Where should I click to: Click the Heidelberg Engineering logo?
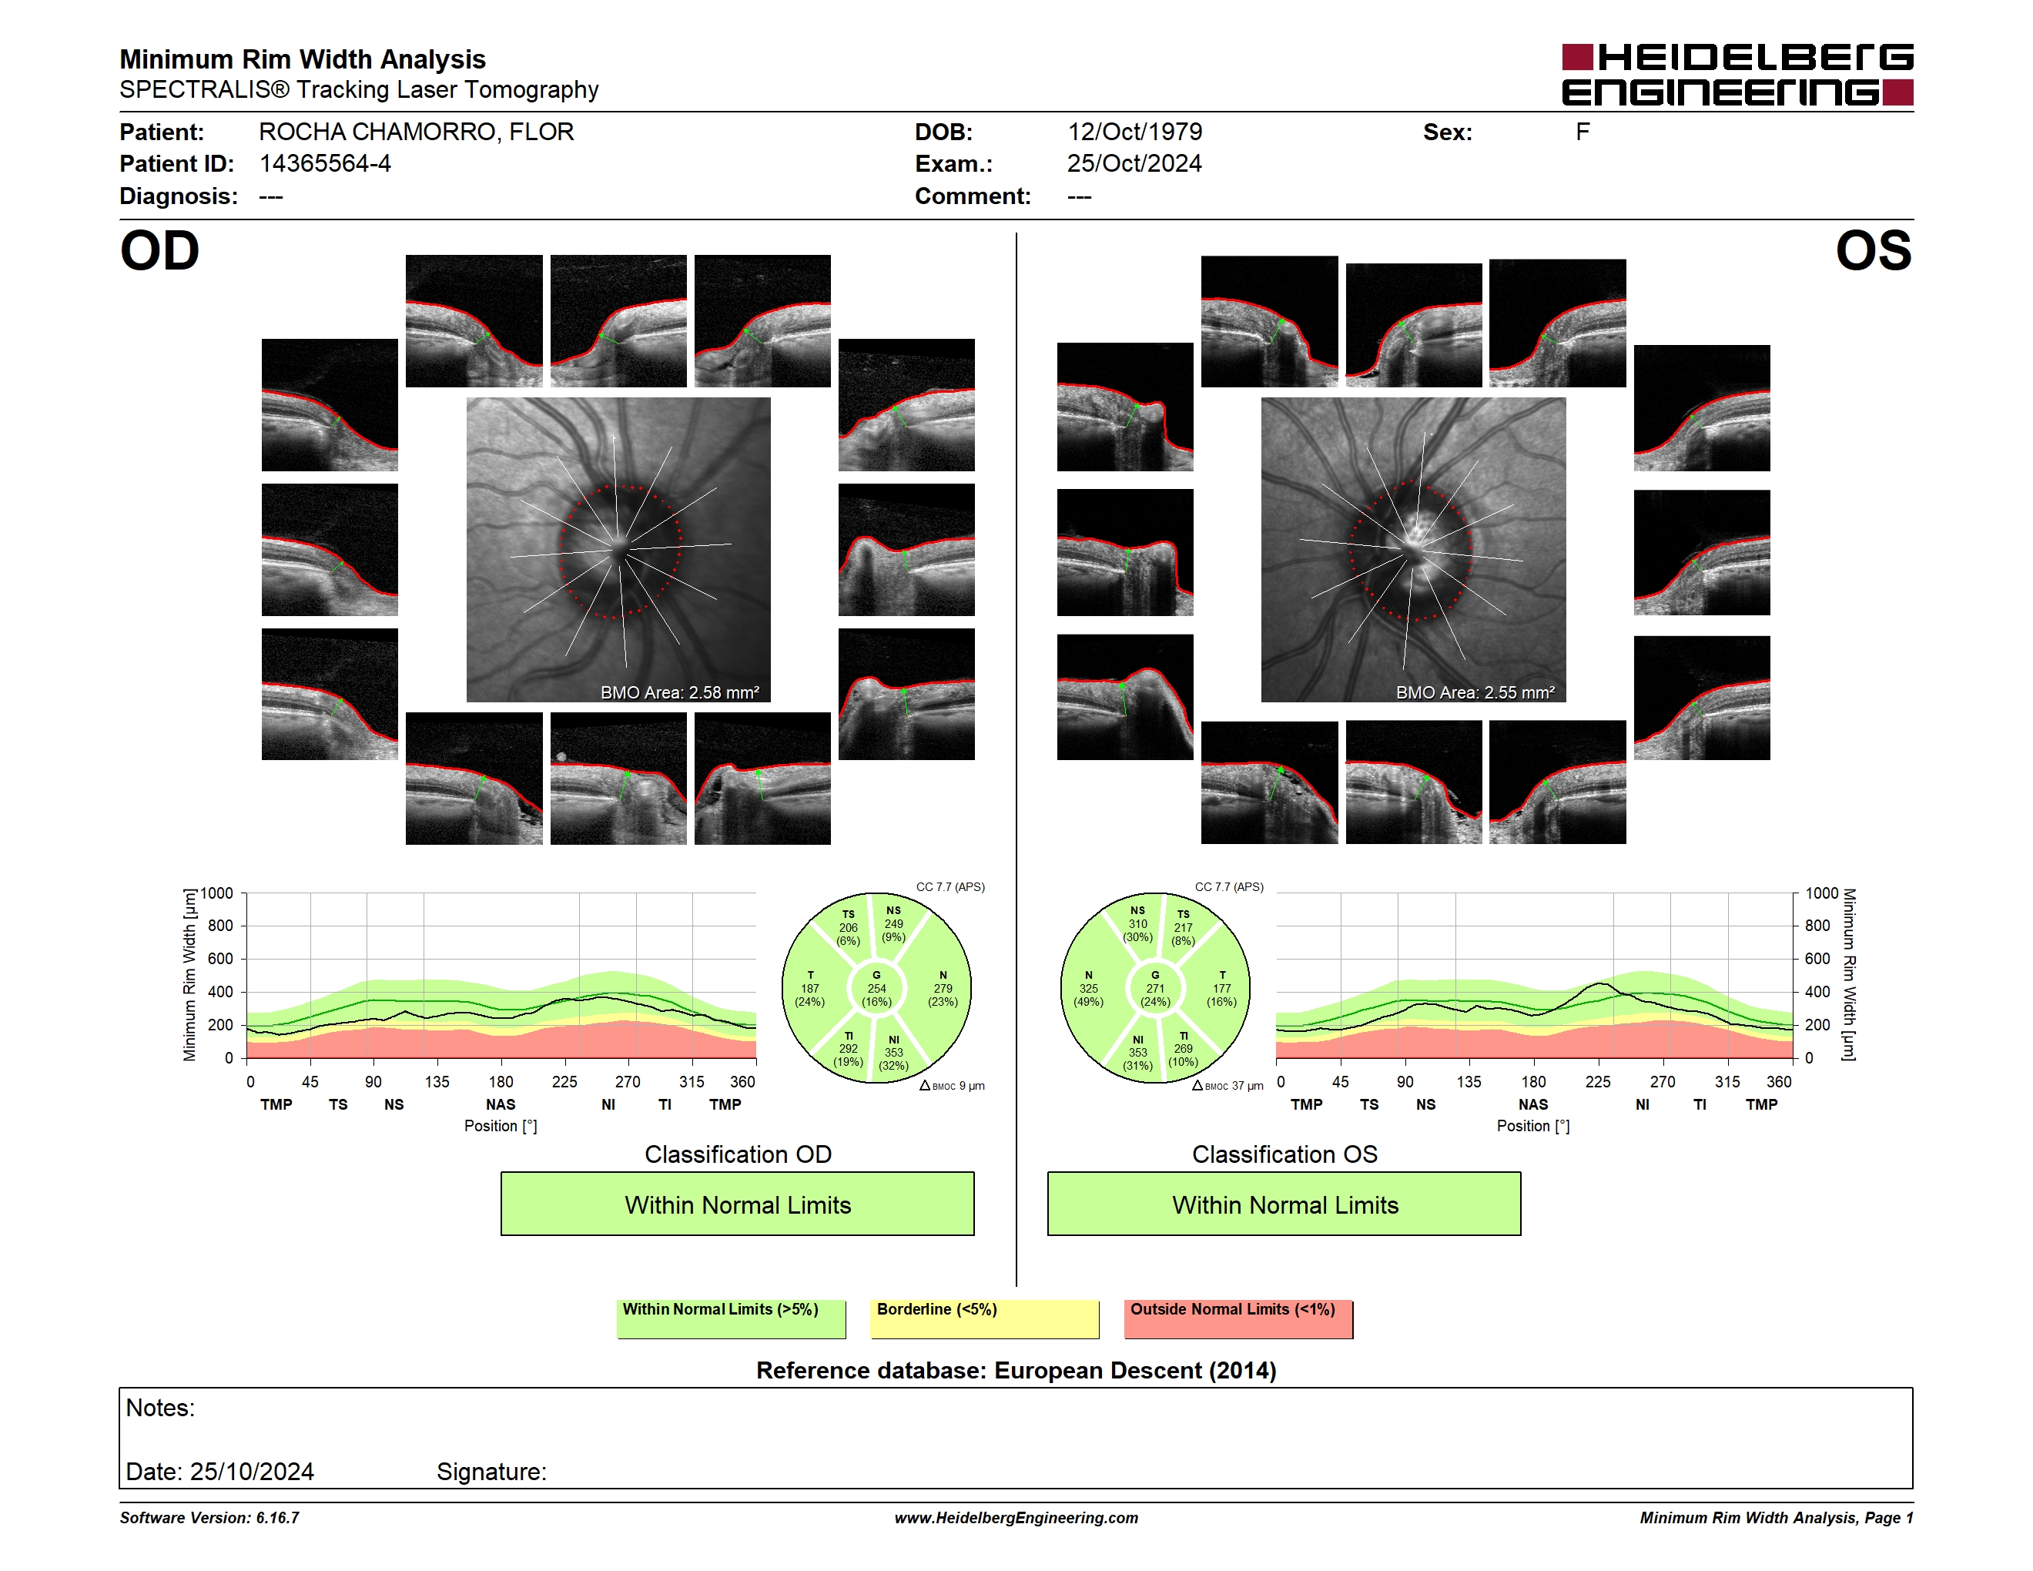1737,75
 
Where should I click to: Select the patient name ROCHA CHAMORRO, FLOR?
416,132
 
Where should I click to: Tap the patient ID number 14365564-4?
325,164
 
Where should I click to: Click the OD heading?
159,251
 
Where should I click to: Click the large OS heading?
1874,251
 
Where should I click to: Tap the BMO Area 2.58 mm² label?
679,692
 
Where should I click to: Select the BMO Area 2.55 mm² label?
1475,692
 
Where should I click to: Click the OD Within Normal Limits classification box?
737,1204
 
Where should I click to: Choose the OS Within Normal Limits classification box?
1284,1204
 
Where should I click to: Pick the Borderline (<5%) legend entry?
985,1318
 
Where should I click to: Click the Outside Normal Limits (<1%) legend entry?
1238,1318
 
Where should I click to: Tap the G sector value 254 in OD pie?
877,988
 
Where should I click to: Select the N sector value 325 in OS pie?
1088,988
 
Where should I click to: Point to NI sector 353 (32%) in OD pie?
893,1053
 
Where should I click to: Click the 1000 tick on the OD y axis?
217,893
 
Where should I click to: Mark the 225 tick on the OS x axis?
1597,1081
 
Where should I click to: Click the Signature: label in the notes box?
491,1472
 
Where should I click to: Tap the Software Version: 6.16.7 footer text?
209,1518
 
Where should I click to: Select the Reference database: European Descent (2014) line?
1016,1370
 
